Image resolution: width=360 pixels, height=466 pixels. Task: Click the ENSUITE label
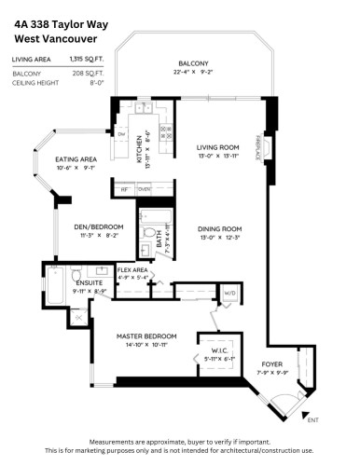pos(76,282)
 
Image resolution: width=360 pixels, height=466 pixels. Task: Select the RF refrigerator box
pos(124,188)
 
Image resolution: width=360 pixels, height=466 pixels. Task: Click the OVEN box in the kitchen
pos(145,188)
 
